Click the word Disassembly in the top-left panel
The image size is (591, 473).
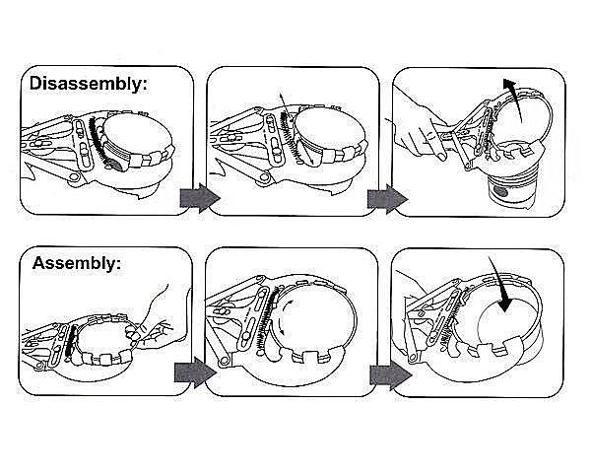86,84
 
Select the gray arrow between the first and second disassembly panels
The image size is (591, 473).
200,198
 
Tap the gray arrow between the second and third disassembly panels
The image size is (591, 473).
387,198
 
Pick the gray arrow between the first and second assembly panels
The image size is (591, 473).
195,372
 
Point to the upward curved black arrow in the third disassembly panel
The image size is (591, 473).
515,99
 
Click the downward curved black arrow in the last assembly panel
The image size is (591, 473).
499,285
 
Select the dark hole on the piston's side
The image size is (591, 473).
501,191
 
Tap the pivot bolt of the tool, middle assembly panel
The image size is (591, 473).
224,362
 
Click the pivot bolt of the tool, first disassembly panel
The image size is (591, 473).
74,177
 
